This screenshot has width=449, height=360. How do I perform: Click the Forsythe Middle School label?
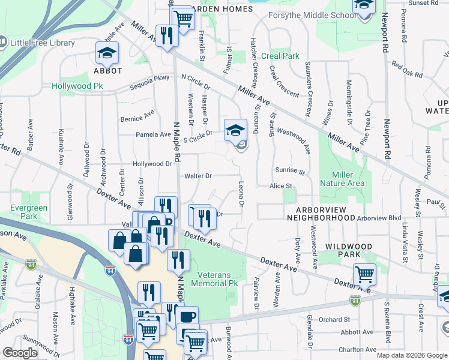tap(312, 16)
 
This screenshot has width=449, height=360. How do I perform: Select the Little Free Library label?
tap(41, 43)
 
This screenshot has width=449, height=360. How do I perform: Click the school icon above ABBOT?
tap(107, 54)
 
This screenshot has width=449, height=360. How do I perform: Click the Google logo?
tap(20, 353)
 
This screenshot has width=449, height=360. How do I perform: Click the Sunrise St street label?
tap(290, 172)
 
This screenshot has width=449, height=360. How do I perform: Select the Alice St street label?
tap(280, 187)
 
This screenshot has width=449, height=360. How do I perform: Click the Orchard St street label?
tap(334, 319)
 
